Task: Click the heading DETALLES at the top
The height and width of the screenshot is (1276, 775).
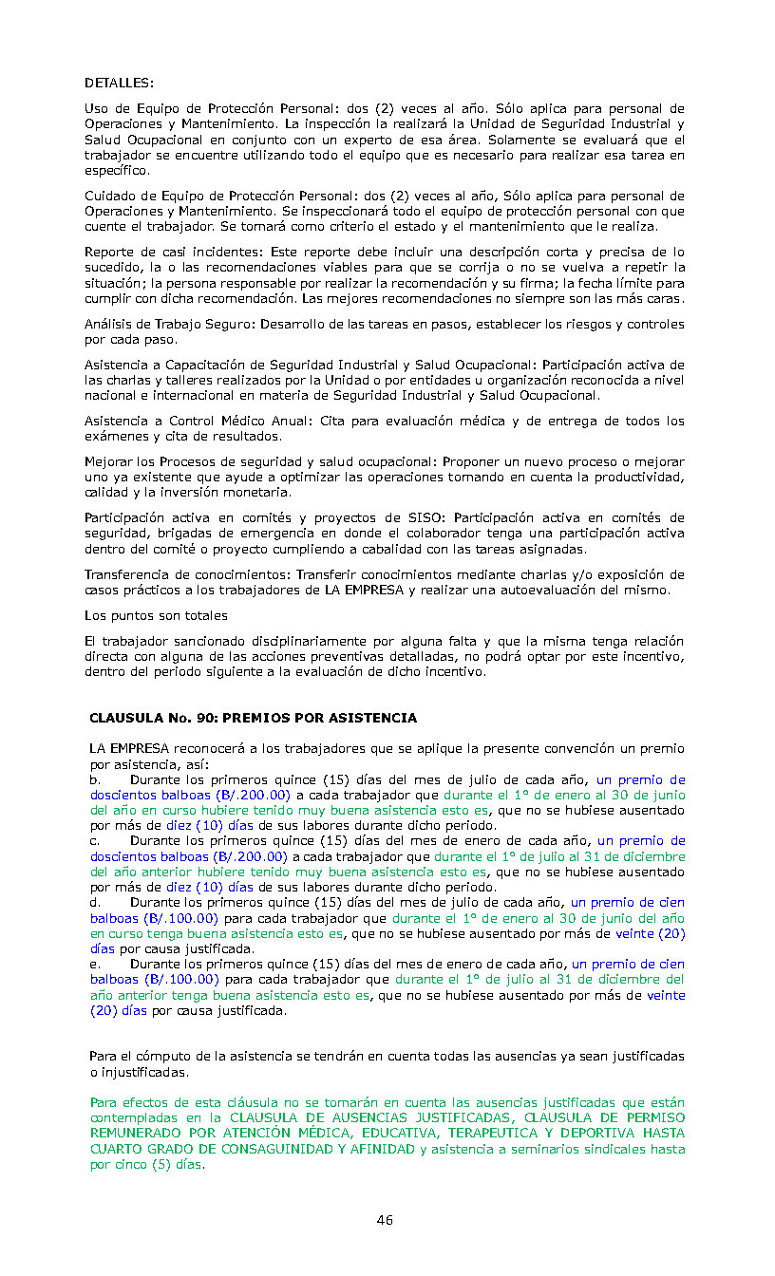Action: tap(119, 84)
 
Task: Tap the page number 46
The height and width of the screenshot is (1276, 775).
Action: tap(385, 1220)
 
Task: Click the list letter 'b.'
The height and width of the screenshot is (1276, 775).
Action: tap(96, 779)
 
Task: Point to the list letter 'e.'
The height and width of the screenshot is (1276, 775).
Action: tap(96, 965)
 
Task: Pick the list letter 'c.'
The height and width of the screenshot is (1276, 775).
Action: tap(95, 841)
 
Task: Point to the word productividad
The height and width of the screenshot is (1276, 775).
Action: tap(638, 477)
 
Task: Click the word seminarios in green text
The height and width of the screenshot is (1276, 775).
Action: tap(552, 1149)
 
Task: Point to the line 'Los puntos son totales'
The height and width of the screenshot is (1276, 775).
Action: tap(156, 615)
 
